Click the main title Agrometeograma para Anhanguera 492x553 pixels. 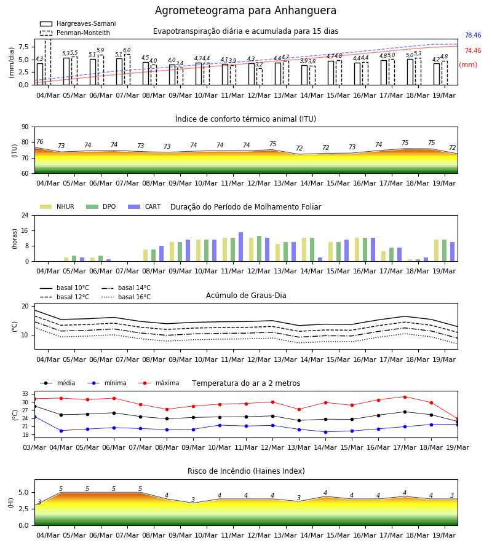pos(245,10)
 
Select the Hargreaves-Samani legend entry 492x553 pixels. pos(77,23)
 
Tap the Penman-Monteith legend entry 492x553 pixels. pos(75,33)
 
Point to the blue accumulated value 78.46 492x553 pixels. pos(473,35)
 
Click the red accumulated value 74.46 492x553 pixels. pos(473,50)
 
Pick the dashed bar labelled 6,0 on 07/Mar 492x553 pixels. pos(127,69)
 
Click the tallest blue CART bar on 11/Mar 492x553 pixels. pos(240,247)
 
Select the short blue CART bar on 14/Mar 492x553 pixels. pos(320,259)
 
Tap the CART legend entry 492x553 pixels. pos(145,206)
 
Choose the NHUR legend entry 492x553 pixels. pos(57,206)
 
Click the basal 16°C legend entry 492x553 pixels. pos(126,297)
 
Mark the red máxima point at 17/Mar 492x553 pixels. pos(405,397)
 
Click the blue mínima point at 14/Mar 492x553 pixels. pos(325,432)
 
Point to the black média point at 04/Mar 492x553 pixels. pos(61,415)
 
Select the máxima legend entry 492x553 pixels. pos(159,383)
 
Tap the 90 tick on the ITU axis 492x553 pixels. pos(25,127)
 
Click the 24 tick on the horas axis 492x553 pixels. pos(25,215)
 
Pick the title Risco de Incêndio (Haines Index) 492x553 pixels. pos(246,471)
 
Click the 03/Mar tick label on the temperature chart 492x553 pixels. pos(34,447)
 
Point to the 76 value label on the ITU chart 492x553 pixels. pos(40,141)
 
